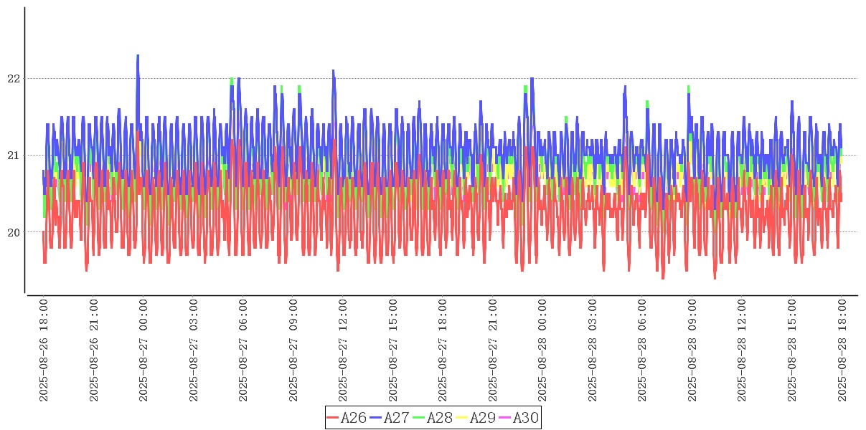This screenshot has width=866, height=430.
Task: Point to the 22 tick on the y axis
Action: (14, 78)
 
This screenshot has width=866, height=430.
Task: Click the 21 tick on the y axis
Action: (14, 155)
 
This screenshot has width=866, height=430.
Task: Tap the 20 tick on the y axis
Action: (14, 231)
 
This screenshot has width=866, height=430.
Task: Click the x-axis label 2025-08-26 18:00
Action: (43, 350)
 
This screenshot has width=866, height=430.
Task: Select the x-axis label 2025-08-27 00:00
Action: (143, 350)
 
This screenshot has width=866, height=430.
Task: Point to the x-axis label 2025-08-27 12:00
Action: (342, 350)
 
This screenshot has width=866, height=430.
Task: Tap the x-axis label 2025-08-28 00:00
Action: (542, 350)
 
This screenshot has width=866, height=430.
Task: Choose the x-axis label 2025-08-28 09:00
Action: (692, 350)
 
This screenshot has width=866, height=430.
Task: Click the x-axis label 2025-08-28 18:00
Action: (842, 350)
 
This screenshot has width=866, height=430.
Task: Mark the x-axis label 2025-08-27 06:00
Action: (243, 350)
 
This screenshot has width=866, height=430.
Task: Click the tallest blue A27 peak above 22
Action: (138, 56)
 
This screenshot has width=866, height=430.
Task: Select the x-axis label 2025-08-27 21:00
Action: (493, 350)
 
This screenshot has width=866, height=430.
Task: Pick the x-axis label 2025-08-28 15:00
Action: (792, 350)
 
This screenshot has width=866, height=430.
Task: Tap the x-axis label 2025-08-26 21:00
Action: (93, 350)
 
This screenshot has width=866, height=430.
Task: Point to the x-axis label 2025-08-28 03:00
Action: (593, 350)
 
